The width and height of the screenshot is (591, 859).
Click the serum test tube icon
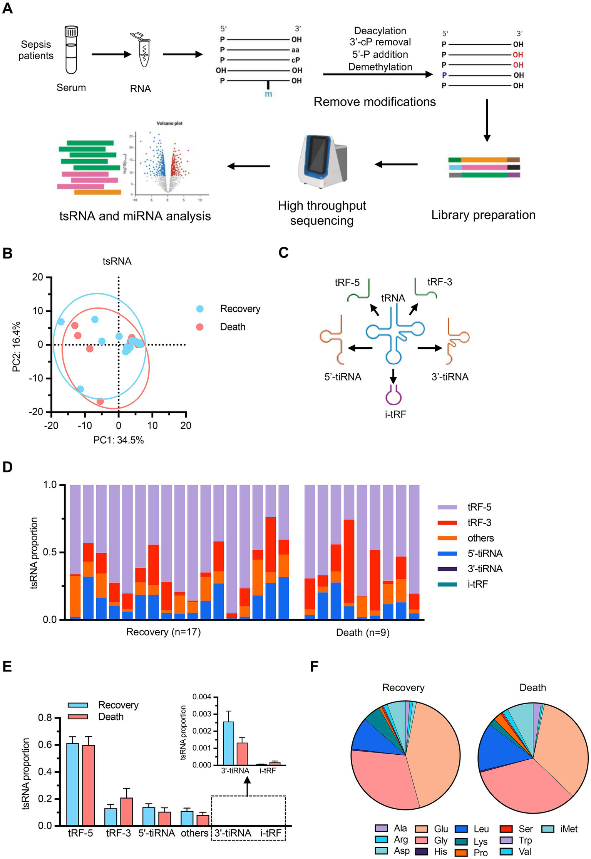pyautogui.click(x=71, y=50)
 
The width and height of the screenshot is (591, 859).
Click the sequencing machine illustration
pyautogui.click(x=323, y=162)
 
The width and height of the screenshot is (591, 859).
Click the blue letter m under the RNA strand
pyautogui.click(x=268, y=94)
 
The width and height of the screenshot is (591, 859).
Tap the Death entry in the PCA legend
pyautogui.click(x=232, y=327)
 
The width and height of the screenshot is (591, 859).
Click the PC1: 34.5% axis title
pyautogui.click(x=118, y=440)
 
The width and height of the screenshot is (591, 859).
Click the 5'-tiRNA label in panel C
pyautogui.click(x=343, y=377)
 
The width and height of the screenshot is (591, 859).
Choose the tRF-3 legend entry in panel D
pyautogui.click(x=479, y=522)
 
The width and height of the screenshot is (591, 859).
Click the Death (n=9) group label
pyautogui.click(x=363, y=632)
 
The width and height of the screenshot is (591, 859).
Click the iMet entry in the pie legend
pyautogui.click(x=569, y=829)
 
